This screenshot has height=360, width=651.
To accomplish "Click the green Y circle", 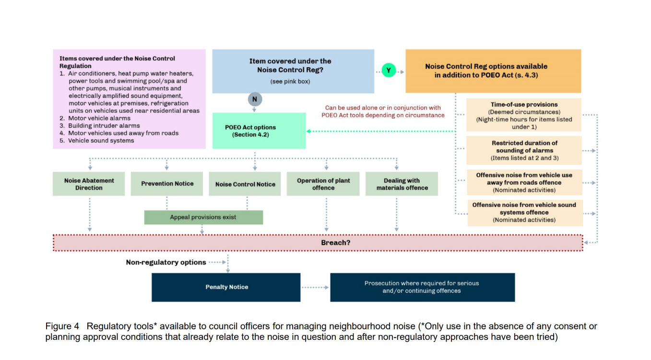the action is tap(389, 71).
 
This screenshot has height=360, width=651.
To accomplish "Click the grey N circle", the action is tap(255, 99).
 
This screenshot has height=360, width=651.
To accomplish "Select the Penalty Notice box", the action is tap(226, 288).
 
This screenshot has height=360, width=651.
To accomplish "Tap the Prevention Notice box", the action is tap(167, 184).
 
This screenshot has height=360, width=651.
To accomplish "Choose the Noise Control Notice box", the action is tap(245, 184).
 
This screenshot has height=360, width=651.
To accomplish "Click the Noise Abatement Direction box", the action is tap(89, 184).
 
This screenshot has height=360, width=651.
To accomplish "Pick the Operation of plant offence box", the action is tap(323, 184).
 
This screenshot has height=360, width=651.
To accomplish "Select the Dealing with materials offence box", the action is tap(402, 184).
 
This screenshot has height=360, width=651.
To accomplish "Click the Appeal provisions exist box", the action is tap(203, 217).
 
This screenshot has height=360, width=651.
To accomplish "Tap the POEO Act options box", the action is tap(259, 131).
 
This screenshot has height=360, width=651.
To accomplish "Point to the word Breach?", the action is tap(336, 243).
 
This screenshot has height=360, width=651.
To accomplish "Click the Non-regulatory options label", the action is tap(166, 262).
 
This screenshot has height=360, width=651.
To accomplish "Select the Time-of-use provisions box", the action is tap(524, 115).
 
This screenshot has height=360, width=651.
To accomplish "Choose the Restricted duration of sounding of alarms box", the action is tap(524, 151).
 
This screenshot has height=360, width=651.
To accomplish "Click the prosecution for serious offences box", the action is tap(422, 288).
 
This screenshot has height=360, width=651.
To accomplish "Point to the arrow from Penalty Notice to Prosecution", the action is tap(315, 288).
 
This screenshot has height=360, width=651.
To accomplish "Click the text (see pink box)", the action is tap(290, 82).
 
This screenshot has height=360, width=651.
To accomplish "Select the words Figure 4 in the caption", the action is tap(62, 326).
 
